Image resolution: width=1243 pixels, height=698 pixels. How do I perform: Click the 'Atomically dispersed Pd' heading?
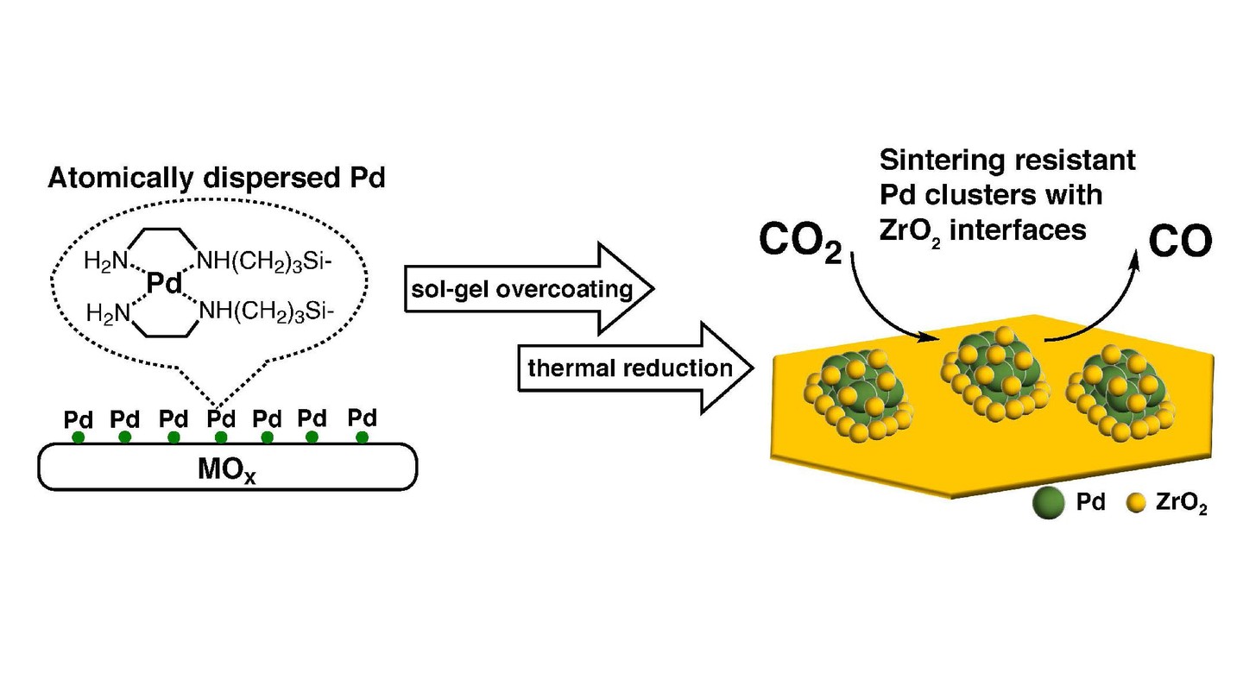216,179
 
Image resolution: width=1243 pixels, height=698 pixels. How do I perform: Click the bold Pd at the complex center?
164,282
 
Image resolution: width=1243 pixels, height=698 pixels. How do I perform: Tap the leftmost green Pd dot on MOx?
79,437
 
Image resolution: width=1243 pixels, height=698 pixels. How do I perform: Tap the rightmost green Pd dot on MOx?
362,437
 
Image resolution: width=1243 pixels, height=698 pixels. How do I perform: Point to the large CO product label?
1180,244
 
